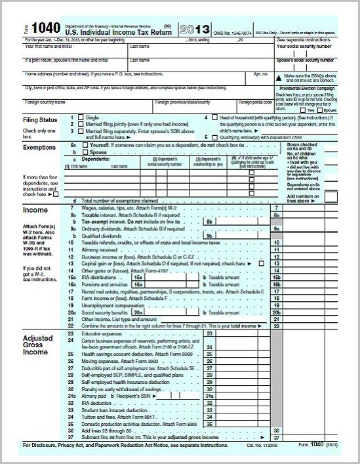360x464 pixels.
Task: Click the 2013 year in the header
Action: [196, 30]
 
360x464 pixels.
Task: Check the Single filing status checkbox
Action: [81, 117]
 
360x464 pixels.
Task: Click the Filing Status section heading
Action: [41, 120]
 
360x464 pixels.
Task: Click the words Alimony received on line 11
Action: [100, 250]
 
